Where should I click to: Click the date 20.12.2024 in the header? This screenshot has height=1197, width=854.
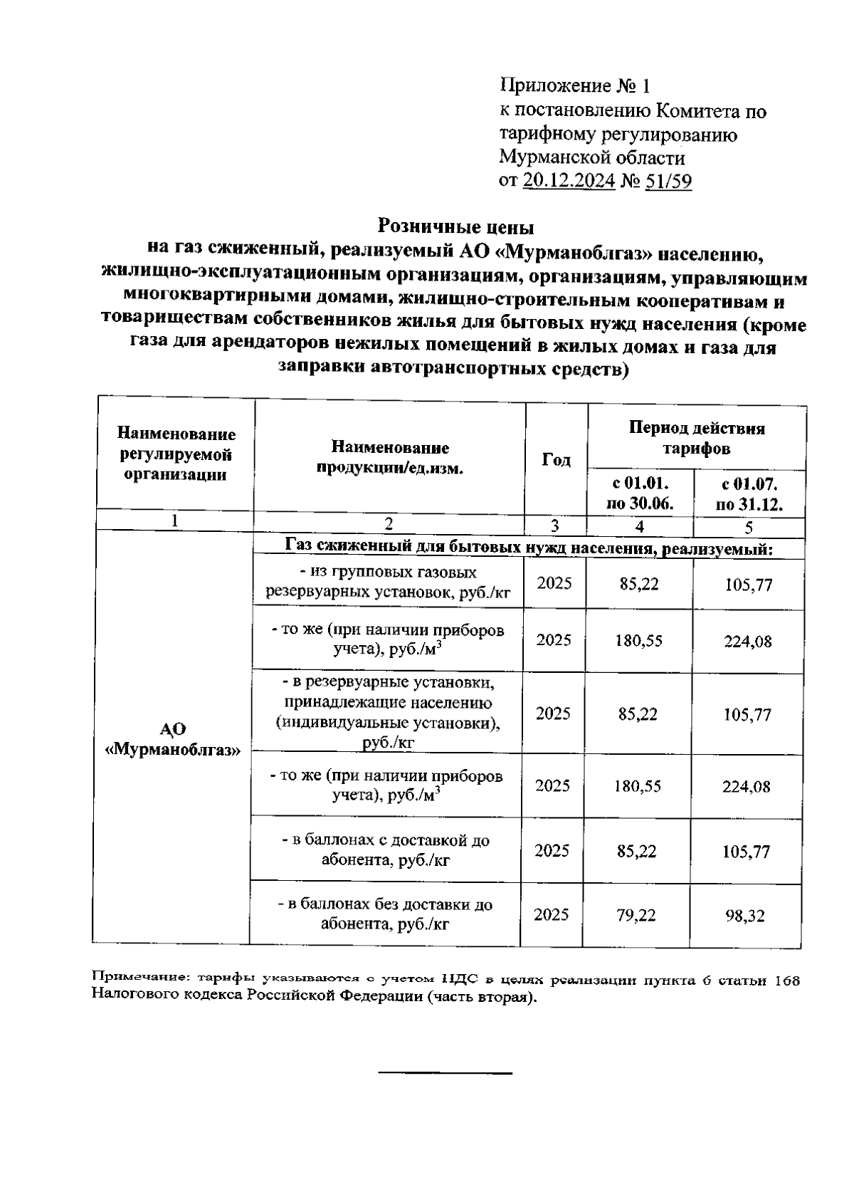point(569,182)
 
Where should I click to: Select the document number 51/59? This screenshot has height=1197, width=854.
point(668,182)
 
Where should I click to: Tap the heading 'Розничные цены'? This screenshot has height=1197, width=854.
point(455,227)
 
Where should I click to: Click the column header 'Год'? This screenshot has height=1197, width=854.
point(556,460)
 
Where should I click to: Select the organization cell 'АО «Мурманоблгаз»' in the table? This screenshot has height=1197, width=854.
point(172,739)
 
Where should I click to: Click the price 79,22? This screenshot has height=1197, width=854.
point(636,915)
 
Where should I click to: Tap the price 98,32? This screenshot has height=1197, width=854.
point(745,916)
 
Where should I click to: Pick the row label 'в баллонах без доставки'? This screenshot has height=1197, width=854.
point(385,914)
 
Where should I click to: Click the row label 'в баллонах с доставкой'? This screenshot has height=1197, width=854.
point(385,850)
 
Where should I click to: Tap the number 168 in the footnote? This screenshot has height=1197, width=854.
point(786,981)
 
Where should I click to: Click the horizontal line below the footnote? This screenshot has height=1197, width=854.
point(444,1072)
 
